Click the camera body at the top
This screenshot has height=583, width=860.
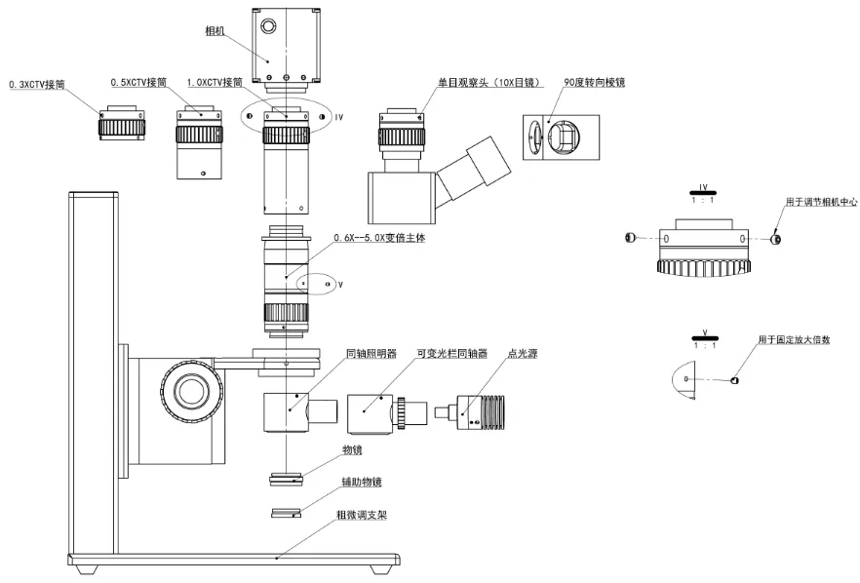click(x=285, y=47)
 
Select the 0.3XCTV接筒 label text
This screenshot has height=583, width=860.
click(x=38, y=86)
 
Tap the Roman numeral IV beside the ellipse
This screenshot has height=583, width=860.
click(x=339, y=117)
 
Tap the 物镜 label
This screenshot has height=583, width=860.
click(x=352, y=450)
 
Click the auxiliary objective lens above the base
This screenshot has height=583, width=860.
click(x=286, y=512)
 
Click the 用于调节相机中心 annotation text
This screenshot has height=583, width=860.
click(x=818, y=202)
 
